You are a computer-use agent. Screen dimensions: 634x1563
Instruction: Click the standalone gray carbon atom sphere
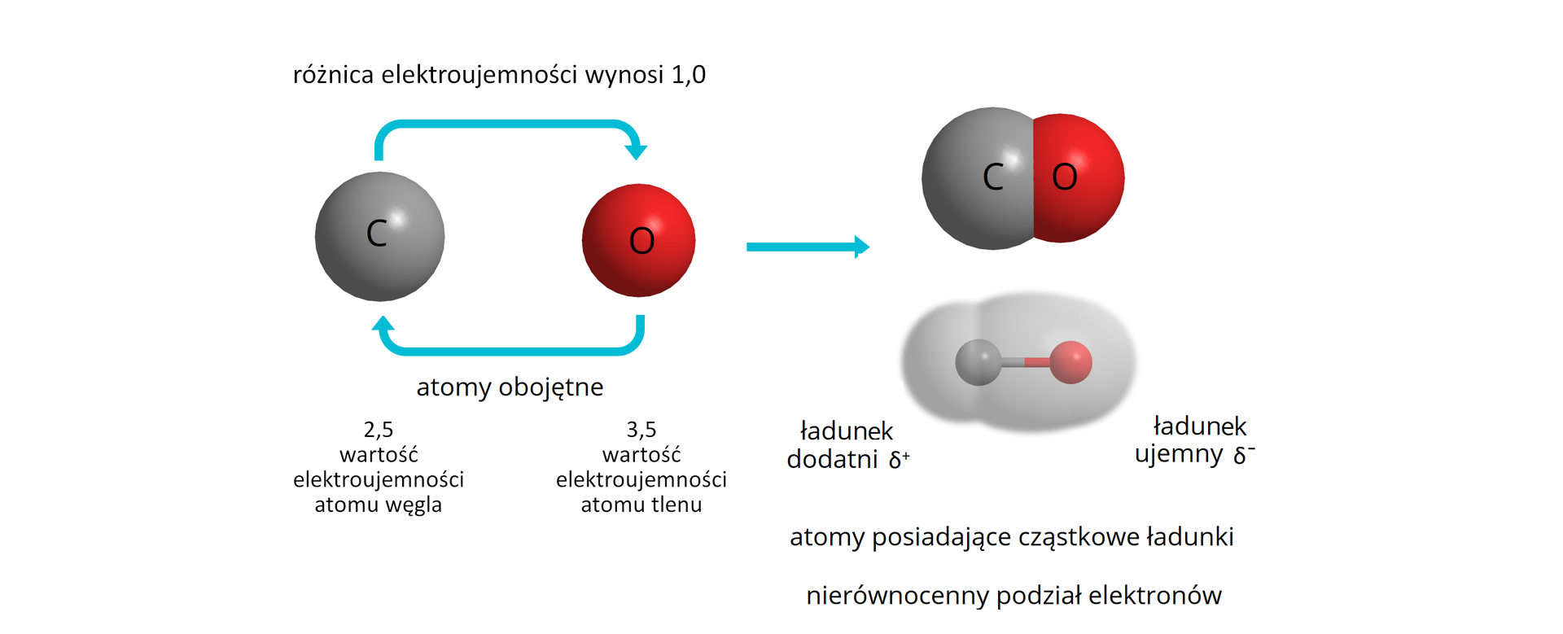[x=379, y=236]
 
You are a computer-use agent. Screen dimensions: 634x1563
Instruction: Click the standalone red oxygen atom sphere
[x=638, y=240]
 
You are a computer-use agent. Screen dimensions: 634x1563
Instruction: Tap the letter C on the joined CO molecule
[x=992, y=177]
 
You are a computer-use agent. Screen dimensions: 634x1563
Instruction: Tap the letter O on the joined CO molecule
[x=1064, y=177]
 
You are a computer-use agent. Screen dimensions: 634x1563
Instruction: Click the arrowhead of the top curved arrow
[x=636, y=151]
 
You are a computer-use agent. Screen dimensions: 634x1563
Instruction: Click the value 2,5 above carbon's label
[x=379, y=430]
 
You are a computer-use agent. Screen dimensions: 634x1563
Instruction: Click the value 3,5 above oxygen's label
[x=641, y=430]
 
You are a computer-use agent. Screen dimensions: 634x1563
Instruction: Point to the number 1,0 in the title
[x=688, y=75]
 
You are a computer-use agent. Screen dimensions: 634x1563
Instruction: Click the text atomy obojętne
[x=510, y=387]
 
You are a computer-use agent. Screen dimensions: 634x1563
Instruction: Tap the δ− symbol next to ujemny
[x=1244, y=455]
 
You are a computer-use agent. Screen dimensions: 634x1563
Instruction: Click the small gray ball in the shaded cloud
[x=978, y=362]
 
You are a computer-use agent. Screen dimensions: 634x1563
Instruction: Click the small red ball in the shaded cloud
[x=1070, y=362]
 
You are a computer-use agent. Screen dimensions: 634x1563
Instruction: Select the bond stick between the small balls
[x=1024, y=362]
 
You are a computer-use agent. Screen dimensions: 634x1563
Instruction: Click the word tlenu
[x=674, y=505]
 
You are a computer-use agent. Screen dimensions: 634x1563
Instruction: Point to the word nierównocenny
[x=897, y=596]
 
